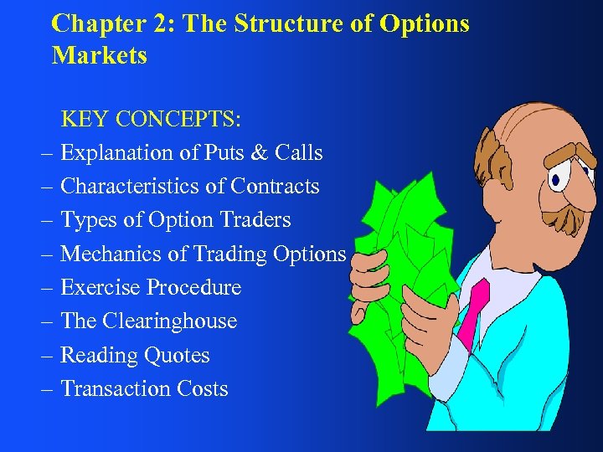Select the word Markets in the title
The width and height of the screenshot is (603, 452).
click(99, 56)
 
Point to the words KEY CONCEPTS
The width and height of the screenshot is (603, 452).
click(151, 119)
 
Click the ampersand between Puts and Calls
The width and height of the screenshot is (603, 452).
click(259, 152)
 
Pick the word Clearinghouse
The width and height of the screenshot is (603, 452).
click(170, 321)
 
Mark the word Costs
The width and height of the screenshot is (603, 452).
click(203, 388)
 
